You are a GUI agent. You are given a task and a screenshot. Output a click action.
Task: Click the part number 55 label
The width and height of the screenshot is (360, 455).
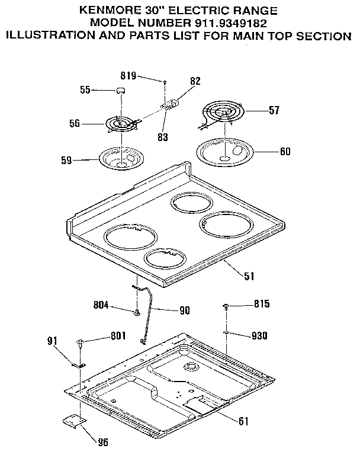(x=85, y=90)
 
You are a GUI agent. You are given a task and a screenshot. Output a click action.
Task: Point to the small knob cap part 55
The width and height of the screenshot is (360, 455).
(x=120, y=89)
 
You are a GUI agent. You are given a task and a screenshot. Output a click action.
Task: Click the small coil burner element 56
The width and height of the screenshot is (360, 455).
(x=121, y=124)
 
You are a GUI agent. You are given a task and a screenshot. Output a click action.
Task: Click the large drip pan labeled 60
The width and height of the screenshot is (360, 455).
(x=227, y=151)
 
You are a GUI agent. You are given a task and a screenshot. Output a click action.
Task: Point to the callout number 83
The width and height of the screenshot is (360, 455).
(x=162, y=137)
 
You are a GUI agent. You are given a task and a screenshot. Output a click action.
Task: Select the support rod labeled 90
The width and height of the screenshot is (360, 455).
(x=146, y=311)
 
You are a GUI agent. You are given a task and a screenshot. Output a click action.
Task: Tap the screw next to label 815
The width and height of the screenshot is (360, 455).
(x=227, y=306)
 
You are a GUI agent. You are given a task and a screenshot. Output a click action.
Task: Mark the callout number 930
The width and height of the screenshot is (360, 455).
(x=259, y=336)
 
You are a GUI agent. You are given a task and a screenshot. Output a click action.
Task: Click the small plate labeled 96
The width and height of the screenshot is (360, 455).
(x=73, y=419)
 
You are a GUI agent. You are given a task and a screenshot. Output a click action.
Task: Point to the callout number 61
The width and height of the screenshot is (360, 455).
(x=243, y=422)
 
